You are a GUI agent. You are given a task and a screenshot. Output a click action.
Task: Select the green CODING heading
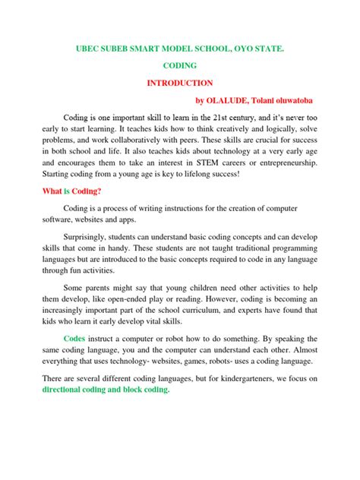(179, 65)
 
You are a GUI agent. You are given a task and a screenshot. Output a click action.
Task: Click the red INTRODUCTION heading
(179, 83)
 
